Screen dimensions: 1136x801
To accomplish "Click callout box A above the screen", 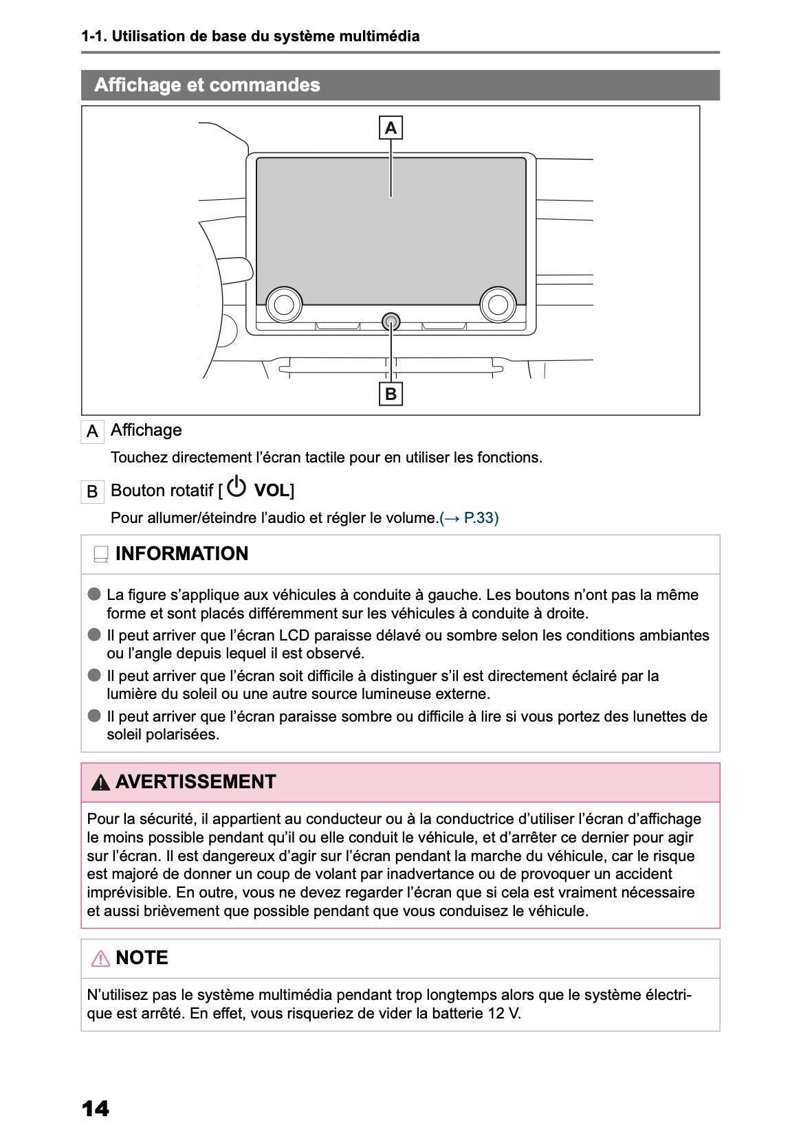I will point(391,128).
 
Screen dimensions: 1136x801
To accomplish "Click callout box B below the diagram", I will point(391,394).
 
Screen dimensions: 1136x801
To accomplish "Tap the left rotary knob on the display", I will point(284,304).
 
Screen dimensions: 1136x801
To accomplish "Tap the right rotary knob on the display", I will point(498,304).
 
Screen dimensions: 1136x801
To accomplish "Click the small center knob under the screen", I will point(391,320).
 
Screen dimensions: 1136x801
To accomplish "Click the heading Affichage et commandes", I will point(207,85).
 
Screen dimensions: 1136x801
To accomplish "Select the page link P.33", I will point(481,517).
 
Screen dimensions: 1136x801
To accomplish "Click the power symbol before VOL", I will point(237,487).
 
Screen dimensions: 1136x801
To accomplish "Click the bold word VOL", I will point(272,491).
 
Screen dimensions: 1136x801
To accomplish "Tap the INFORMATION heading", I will point(182,554).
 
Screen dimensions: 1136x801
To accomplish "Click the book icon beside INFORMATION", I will point(101,555).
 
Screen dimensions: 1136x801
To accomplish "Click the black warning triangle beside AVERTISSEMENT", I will point(100,782).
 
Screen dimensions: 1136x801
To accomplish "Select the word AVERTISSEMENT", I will point(195,782).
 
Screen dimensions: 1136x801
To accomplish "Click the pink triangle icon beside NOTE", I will point(100,958).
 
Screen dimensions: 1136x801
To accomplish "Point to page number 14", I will point(95,1109).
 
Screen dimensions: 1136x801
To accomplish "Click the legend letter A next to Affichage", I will point(92,432).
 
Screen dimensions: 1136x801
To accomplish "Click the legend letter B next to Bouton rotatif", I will point(92,492).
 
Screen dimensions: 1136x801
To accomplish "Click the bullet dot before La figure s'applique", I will point(94,594).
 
